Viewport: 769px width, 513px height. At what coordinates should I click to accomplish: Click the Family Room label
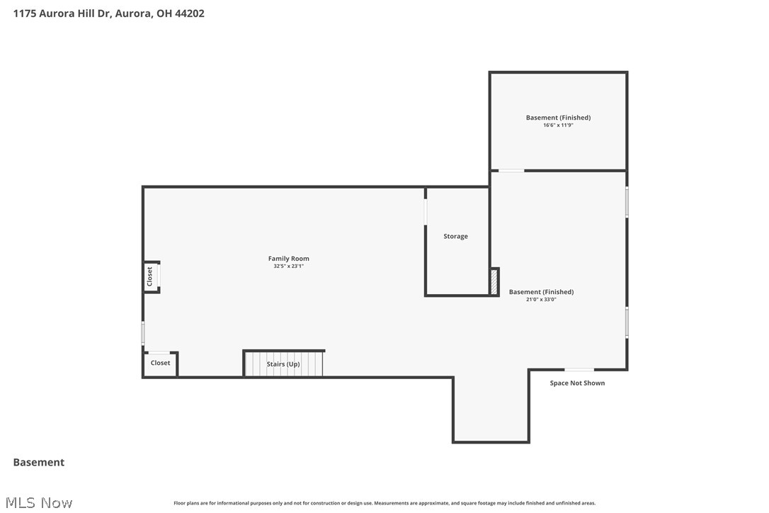tap(288, 259)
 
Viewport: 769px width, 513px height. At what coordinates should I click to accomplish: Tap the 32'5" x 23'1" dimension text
tap(288, 266)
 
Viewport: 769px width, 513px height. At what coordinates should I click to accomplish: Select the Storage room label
tap(455, 236)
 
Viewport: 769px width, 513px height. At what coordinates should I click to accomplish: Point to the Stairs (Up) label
tap(283, 364)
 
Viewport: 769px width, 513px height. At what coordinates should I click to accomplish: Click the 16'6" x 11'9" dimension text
tap(558, 125)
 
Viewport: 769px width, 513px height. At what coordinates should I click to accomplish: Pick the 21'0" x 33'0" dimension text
tap(541, 300)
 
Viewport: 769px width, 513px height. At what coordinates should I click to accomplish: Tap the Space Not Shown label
tap(577, 383)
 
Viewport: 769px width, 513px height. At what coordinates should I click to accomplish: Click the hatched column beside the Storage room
tap(494, 281)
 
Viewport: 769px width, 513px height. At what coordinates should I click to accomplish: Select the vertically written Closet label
tap(149, 276)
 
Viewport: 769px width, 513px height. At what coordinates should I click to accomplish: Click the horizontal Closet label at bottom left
tap(160, 363)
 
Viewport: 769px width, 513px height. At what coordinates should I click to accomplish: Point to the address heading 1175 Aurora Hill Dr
tap(109, 13)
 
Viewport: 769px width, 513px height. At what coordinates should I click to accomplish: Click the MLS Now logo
tap(42, 502)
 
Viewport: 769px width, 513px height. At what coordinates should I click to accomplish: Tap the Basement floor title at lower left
tap(39, 462)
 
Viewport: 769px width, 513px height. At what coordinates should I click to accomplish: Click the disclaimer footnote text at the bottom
tap(384, 503)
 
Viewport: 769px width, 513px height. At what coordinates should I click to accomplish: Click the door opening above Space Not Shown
tap(579, 369)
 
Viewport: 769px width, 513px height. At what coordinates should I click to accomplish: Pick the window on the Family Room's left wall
tap(143, 333)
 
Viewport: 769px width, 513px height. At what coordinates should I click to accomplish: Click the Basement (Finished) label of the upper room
tap(558, 118)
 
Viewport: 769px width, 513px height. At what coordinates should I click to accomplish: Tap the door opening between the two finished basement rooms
tap(511, 171)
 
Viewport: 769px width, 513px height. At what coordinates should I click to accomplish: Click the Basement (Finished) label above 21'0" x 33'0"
tap(541, 292)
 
